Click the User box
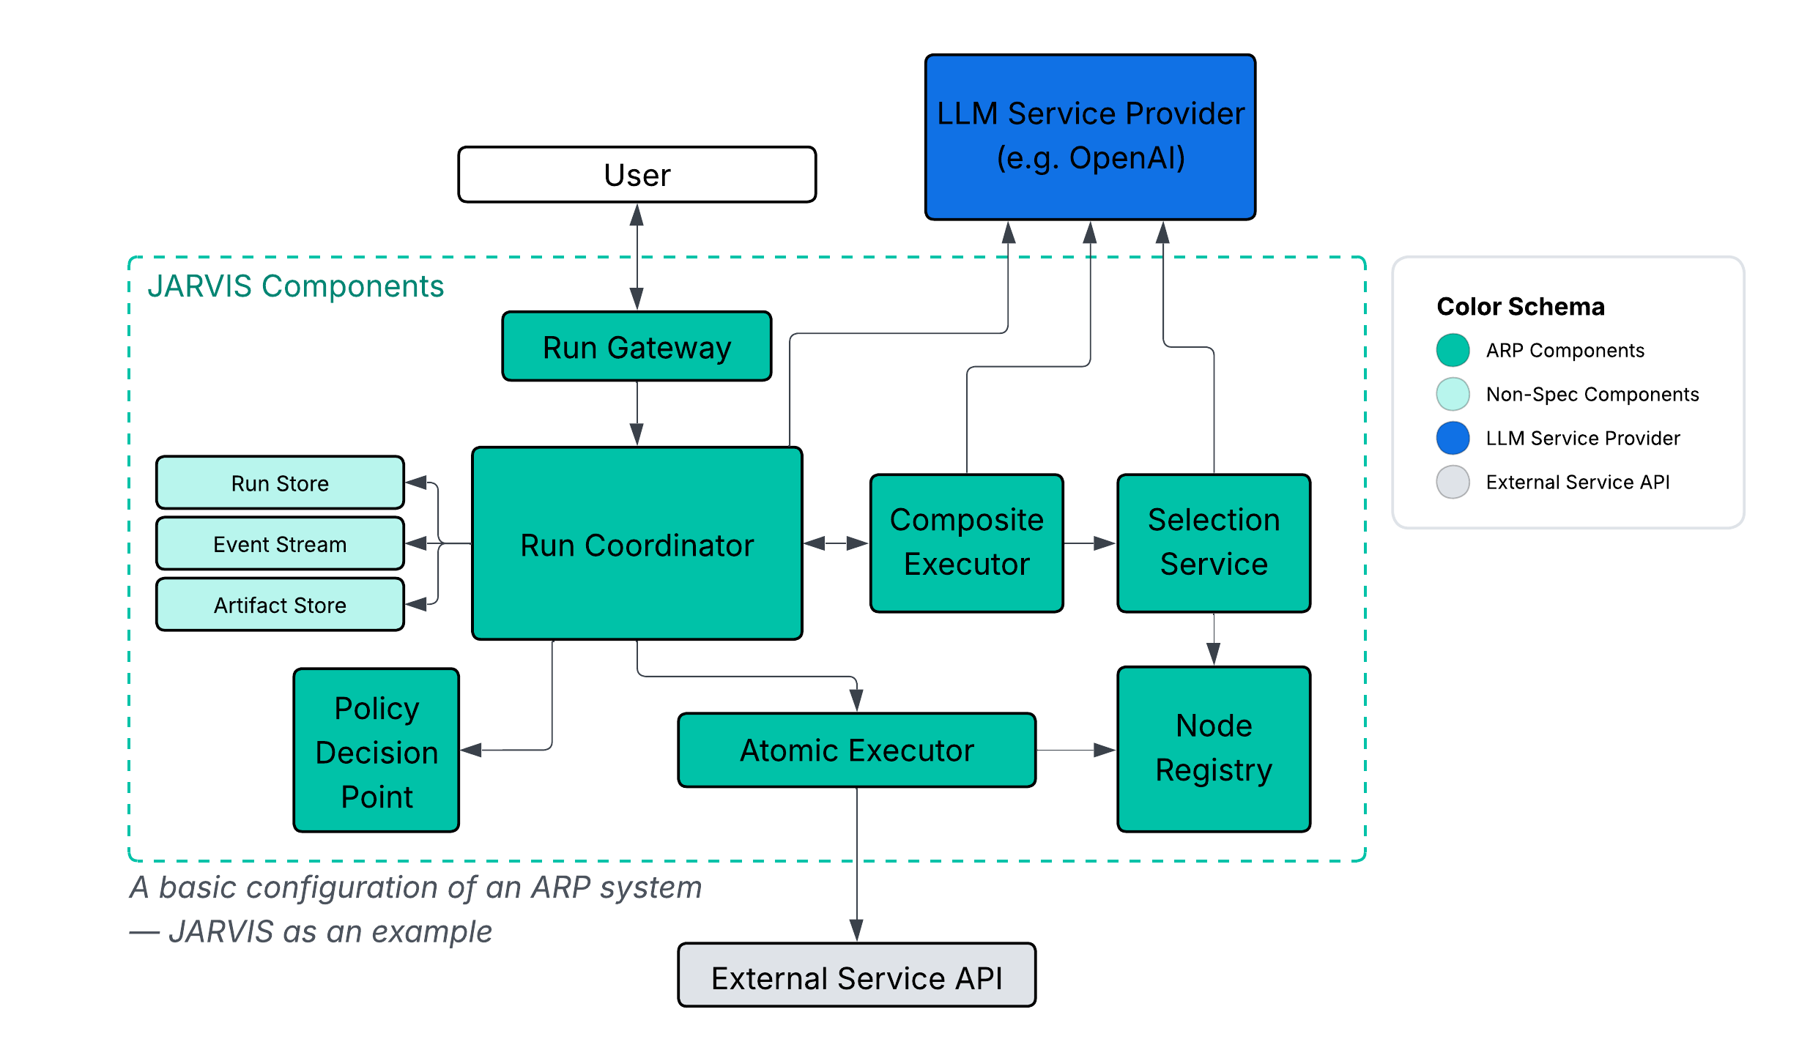pyautogui.click(x=637, y=174)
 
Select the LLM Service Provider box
pyautogui.click(x=1090, y=136)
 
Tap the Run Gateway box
pyautogui.click(x=637, y=346)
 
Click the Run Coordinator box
pyautogui.click(x=637, y=543)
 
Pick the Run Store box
pyautogui.click(x=280, y=483)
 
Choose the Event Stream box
pyautogui.click(x=280, y=543)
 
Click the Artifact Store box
pyautogui.click(x=280, y=604)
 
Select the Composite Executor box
pyautogui.click(x=966, y=543)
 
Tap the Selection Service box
pyautogui.click(x=1213, y=543)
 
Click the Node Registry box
pyautogui.click(x=1213, y=748)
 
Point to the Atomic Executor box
pyautogui.click(x=856, y=750)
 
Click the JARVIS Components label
pyautogui.click(x=295, y=286)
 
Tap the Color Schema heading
pyautogui.click(x=1520, y=306)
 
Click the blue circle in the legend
pyautogui.click(x=1453, y=438)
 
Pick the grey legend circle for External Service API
pyautogui.click(x=1453, y=482)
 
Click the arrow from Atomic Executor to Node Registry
pyautogui.click(x=1075, y=750)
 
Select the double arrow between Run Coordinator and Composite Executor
pyautogui.click(x=836, y=543)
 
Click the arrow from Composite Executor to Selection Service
pyautogui.click(x=1089, y=543)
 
